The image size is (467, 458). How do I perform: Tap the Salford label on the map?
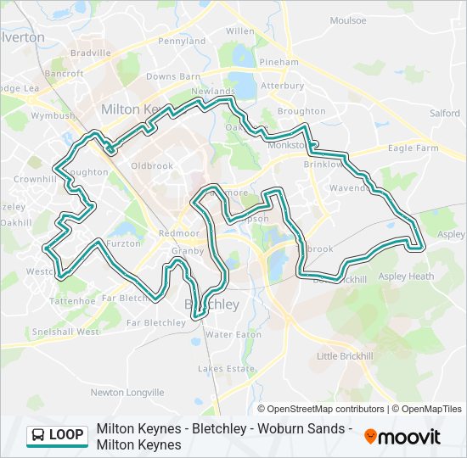444,113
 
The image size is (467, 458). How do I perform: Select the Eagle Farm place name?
414,148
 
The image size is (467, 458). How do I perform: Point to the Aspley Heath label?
406,276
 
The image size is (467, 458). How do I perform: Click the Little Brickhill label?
344,356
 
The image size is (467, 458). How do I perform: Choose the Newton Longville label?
127,392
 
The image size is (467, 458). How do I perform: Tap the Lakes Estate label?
226,369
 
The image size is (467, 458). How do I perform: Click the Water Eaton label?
233,334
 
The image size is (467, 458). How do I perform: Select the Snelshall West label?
65,332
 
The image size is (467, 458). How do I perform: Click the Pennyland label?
182,41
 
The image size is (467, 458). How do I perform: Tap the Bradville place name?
91,53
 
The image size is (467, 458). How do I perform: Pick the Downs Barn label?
172,76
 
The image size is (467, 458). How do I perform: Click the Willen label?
239,31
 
